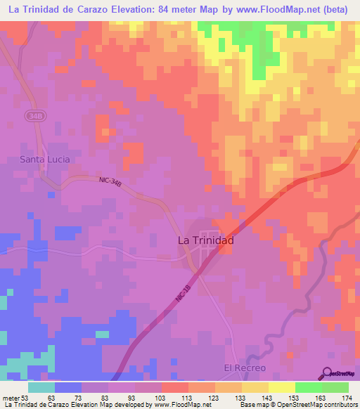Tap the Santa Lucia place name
click(45, 160)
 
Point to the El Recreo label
click(245, 368)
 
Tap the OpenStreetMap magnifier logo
click(328, 373)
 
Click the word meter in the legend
click(12, 397)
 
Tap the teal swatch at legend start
click(41, 387)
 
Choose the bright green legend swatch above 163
click(308, 387)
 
